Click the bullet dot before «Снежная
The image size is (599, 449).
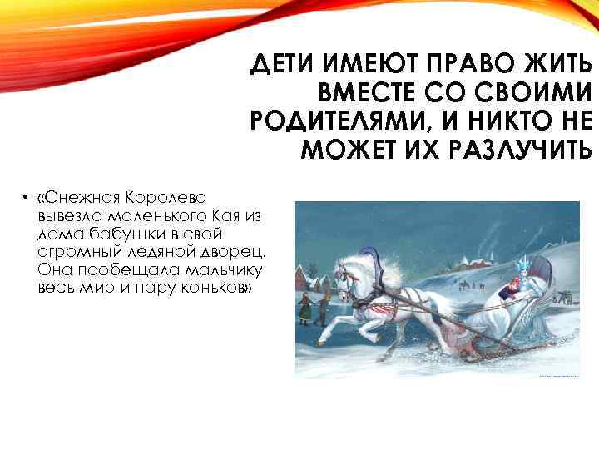tap(27, 199)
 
